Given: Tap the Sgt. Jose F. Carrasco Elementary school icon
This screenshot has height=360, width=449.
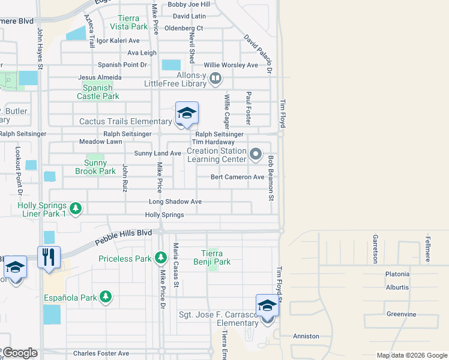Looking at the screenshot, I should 267,306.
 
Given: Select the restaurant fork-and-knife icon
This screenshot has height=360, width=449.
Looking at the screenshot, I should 49,257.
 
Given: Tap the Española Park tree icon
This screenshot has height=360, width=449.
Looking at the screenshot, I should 106,297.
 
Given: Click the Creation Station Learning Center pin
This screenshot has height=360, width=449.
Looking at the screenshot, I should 256,155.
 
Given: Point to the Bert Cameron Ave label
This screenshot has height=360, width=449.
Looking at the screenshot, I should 237,177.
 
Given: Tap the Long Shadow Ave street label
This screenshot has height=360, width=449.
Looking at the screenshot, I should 175,202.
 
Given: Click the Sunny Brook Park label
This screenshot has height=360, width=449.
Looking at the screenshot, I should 95,167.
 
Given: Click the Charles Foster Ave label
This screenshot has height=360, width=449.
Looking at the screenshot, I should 101,353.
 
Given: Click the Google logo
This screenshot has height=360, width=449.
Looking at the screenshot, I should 20,353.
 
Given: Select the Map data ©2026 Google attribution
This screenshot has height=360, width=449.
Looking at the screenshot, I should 411,355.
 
